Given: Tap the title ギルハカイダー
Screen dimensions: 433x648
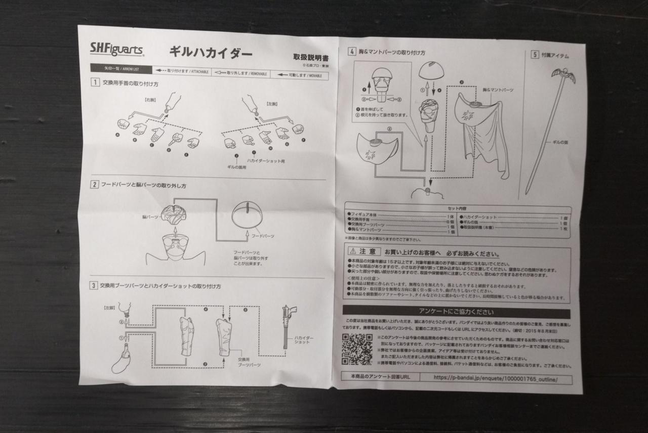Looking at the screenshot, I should coord(210,52).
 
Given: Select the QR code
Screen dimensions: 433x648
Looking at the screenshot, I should coord(356,349).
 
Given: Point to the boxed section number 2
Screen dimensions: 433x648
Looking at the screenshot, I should coord(95,184).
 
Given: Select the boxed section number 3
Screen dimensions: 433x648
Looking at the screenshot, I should coord(94,286).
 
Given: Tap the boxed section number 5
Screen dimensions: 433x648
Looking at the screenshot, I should coord(535,55).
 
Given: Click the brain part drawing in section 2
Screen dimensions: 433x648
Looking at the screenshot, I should coord(174,214).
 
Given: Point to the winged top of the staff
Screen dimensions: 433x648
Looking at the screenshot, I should coord(563,76).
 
